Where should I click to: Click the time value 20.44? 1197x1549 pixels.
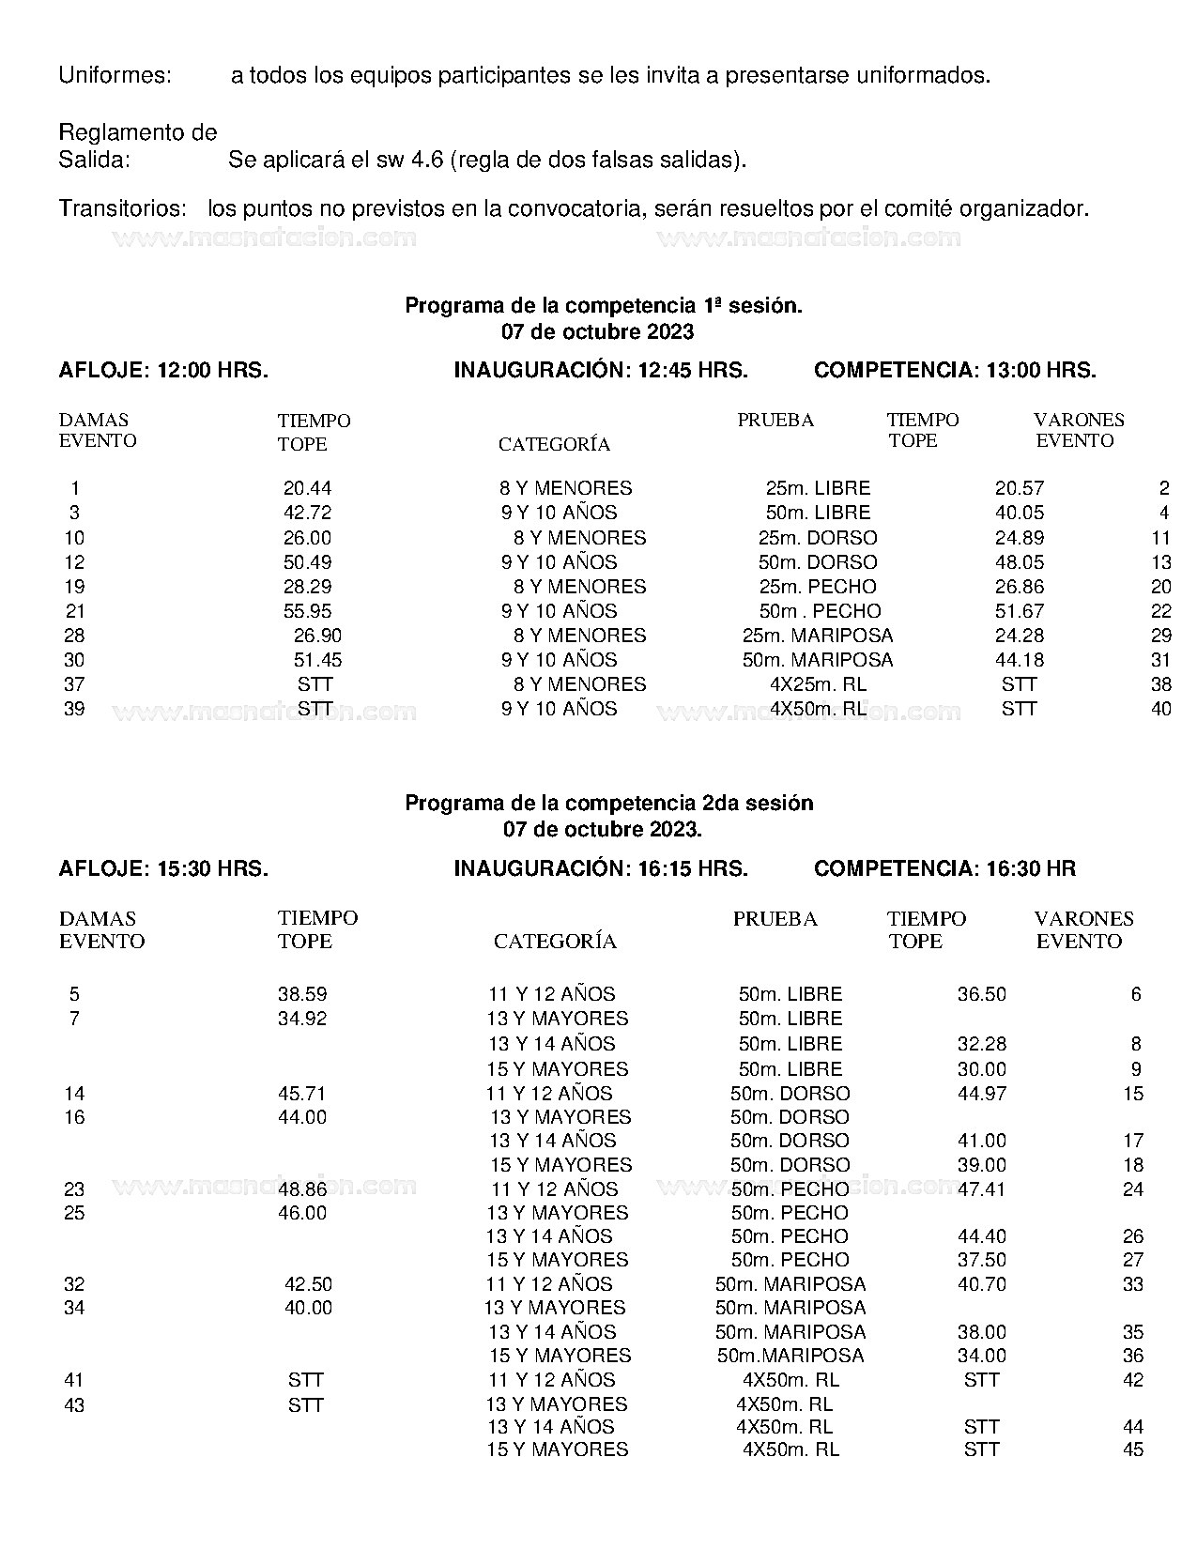[307, 488]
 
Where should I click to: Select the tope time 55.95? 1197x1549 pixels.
[307, 611]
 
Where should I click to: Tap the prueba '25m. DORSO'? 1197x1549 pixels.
[818, 538]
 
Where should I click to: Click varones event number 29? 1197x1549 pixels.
[1160, 636]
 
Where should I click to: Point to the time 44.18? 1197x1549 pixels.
[1019, 660]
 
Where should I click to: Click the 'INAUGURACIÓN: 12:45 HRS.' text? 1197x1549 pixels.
[601, 371]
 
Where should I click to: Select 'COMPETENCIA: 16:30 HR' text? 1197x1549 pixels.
[944, 869]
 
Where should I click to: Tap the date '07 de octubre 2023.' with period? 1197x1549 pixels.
[602, 830]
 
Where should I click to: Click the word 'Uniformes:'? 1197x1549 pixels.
[115, 75]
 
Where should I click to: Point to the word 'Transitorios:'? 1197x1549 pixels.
[121, 208]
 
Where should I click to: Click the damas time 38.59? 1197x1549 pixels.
[302, 994]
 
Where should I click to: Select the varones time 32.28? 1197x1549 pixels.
[981, 1044]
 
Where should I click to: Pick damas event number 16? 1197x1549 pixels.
[74, 1117]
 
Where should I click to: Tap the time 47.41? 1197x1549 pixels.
[981, 1189]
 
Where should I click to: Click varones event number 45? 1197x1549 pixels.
[1133, 1449]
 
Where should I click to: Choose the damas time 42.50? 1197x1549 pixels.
[308, 1284]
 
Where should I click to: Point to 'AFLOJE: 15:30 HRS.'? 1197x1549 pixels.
[163, 869]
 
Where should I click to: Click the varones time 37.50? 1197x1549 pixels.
[981, 1260]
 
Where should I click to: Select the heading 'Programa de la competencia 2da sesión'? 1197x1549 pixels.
[608, 804]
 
